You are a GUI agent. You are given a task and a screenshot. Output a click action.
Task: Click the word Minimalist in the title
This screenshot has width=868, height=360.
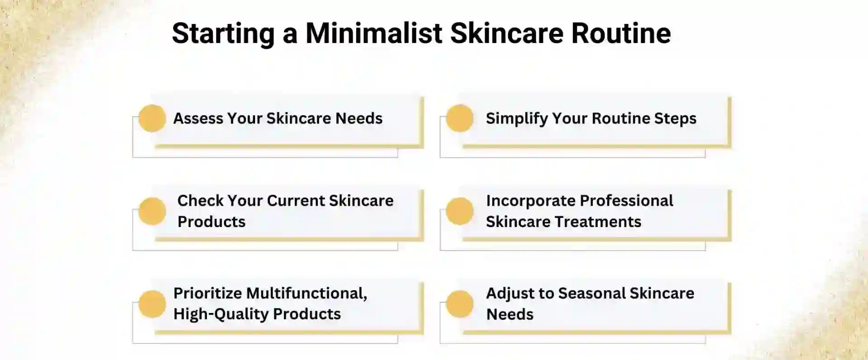373,33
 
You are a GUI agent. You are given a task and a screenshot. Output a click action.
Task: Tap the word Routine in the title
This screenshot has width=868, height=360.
621,33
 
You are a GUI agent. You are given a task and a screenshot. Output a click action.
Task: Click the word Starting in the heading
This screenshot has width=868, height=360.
223,33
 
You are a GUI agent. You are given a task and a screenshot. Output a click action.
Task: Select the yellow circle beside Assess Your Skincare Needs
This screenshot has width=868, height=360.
152,118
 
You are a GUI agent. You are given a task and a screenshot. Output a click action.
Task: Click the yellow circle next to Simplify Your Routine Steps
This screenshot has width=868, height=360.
459,118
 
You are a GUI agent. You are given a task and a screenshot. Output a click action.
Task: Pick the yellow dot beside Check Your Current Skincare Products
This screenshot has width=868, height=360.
152,211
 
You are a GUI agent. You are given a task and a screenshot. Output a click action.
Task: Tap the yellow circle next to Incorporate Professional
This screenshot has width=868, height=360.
459,211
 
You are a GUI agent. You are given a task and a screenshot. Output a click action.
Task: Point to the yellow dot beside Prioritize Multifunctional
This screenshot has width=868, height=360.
152,304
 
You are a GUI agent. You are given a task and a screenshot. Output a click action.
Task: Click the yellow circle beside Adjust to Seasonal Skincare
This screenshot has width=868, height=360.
459,304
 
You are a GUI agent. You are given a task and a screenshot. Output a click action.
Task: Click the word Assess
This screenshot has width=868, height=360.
198,118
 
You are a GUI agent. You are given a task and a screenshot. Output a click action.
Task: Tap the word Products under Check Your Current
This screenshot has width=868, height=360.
211,222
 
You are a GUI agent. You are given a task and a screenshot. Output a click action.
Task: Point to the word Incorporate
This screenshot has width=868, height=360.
530,201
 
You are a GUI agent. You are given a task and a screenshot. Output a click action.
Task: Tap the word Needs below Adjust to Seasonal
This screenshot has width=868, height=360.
509,314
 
